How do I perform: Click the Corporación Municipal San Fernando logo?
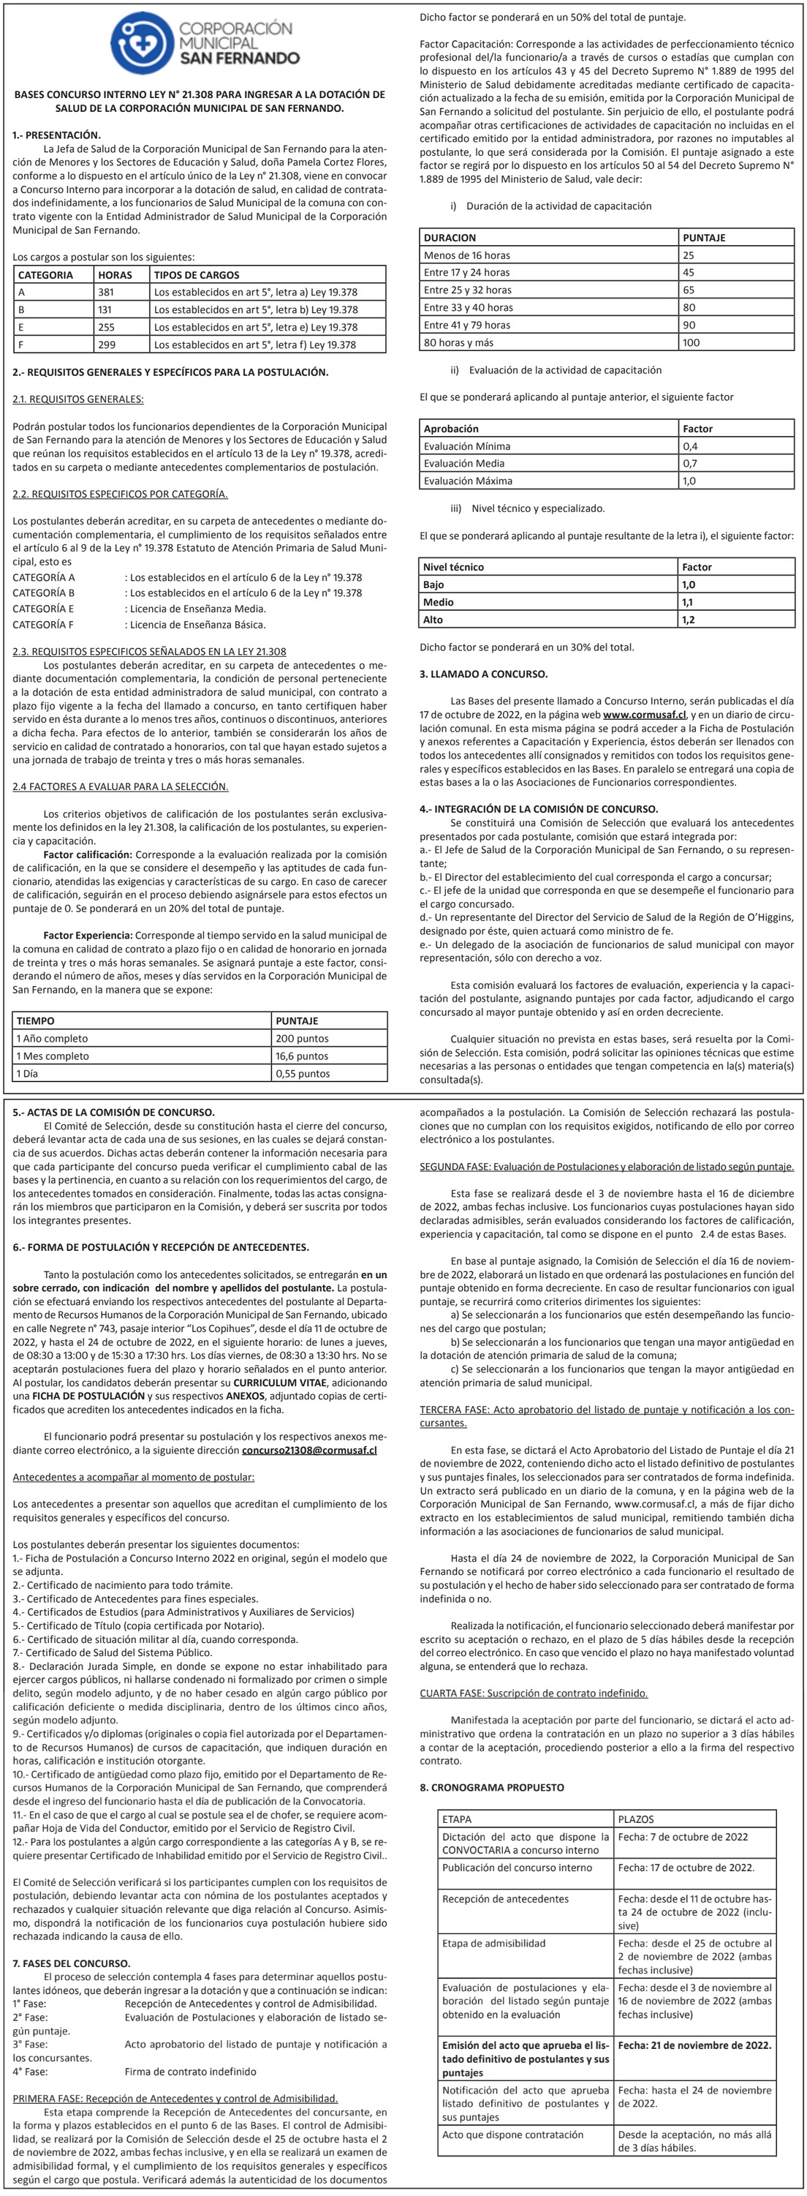[205, 42]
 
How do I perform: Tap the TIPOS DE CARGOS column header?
[197, 274]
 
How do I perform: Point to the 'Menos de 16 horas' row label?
[467, 255]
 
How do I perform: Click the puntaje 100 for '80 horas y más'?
[691, 342]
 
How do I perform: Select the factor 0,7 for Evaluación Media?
[689, 463]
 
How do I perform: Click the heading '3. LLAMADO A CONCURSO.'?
[483, 674]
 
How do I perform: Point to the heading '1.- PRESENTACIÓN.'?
[57, 135]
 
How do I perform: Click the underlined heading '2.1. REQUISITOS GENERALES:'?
[78, 399]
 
